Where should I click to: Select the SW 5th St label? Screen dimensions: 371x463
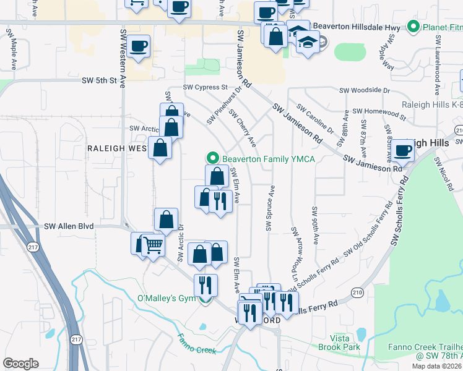100,80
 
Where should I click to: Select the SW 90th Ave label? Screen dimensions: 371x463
315,226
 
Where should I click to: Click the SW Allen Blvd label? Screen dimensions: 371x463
69,226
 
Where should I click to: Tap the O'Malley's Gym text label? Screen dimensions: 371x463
165,299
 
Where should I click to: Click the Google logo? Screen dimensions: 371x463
21,363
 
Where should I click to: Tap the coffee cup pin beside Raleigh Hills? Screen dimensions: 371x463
402,151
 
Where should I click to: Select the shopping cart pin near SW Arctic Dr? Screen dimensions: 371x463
153,245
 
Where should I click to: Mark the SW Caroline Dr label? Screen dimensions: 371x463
315,119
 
